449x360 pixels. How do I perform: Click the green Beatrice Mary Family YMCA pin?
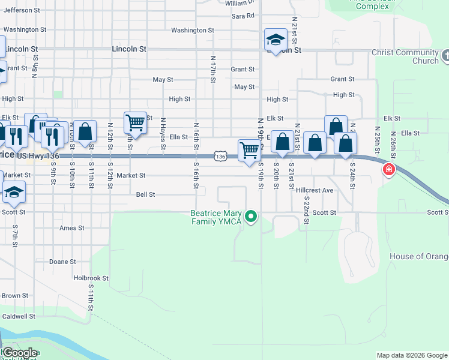[252, 217]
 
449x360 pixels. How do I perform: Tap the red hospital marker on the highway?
[389, 170]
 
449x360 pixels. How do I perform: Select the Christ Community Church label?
[406, 56]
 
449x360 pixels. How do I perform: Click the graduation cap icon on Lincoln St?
[276, 41]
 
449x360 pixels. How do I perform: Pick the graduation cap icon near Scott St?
[13, 193]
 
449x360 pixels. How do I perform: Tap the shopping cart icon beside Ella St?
[135, 123]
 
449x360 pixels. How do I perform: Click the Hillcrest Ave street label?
[315, 190]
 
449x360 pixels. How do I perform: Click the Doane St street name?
[62, 262]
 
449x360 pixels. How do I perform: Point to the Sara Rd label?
[243, 16]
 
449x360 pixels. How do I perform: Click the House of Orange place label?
[419, 257]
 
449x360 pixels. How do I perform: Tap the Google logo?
[20, 353]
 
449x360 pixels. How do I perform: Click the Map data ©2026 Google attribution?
[411, 355]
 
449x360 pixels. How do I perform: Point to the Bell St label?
[146, 194]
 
